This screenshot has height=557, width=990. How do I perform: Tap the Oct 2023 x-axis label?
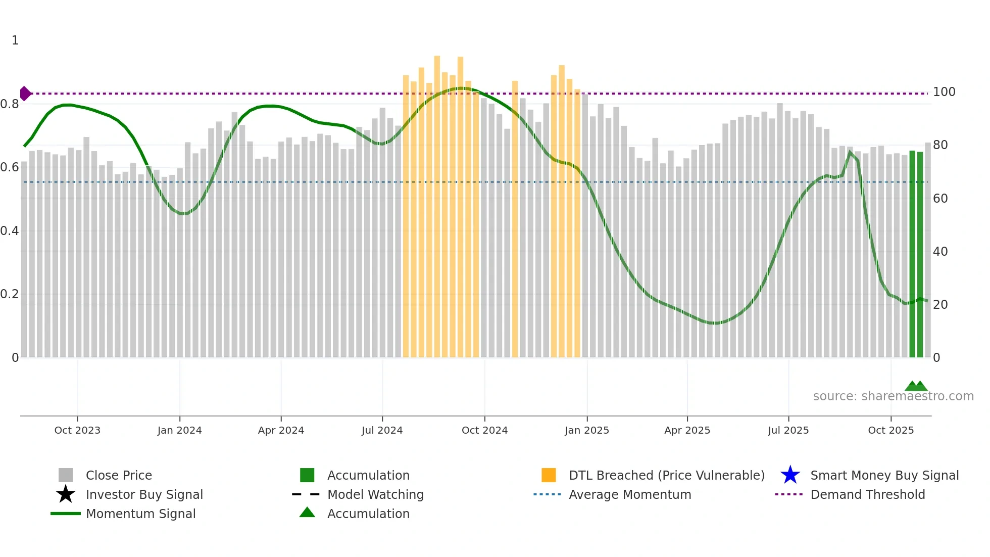[x=77, y=430]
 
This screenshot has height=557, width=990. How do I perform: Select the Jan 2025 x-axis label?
[x=587, y=430]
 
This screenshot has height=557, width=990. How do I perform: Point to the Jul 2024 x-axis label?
[x=382, y=430]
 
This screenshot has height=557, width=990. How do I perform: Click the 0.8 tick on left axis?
[x=10, y=104]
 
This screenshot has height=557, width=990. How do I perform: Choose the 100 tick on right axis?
[x=944, y=92]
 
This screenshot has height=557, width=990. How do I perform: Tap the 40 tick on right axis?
[x=940, y=251]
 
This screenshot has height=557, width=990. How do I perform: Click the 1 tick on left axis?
[x=15, y=40]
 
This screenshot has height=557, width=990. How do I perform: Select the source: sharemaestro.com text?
[x=893, y=396]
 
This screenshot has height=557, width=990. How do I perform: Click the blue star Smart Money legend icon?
[x=790, y=475]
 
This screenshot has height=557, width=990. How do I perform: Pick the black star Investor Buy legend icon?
[x=66, y=494]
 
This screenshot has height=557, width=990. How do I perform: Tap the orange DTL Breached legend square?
[x=549, y=475]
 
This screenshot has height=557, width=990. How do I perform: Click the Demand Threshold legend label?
[x=867, y=494]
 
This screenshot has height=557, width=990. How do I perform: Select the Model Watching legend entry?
[x=375, y=494]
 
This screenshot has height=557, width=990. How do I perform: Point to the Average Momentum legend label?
[x=630, y=494]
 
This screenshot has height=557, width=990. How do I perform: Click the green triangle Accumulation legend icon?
[x=307, y=513]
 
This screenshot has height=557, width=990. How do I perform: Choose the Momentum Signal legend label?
[x=140, y=514]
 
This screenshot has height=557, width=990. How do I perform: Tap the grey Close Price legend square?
[x=66, y=475]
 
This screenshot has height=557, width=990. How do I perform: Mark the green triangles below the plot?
[x=916, y=386]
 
